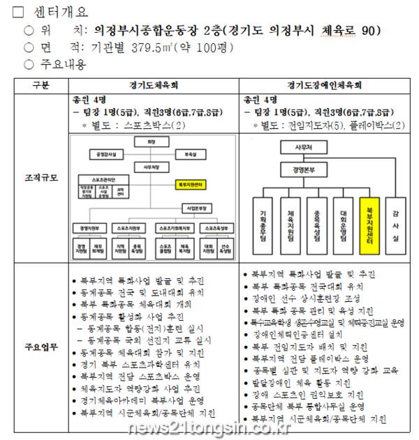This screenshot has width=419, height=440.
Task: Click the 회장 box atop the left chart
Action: pos(149,142)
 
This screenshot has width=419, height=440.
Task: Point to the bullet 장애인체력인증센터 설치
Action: pos(302,334)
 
